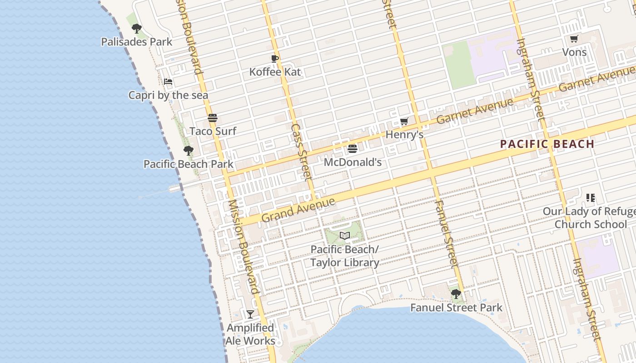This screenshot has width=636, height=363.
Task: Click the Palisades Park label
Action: (136, 42)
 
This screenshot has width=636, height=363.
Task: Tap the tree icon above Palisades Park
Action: (136, 29)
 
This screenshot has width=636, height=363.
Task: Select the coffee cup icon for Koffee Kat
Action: (274, 59)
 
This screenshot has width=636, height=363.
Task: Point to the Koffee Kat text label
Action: (275, 72)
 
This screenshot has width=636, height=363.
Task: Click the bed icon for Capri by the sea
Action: (168, 82)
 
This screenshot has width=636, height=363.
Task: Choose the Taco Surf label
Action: (213, 131)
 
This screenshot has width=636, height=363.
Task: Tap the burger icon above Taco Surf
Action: (213, 118)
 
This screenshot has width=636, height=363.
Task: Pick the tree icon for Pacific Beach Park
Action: (188, 151)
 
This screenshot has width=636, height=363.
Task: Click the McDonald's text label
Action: (353, 162)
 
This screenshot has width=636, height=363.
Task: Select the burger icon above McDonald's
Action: (352, 149)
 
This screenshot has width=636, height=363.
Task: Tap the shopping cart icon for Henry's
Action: (404, 122)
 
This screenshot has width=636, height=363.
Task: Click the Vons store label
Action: (574, 52)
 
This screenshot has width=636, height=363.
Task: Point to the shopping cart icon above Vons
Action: (574, 39)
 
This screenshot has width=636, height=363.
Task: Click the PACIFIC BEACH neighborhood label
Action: (547, 144)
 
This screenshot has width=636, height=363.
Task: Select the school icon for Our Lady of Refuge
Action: (590, 198)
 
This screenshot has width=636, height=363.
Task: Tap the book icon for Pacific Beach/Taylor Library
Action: (345, 235)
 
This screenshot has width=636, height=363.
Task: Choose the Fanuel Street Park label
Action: (456, 308)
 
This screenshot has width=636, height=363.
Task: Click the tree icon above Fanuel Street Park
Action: (456, 294)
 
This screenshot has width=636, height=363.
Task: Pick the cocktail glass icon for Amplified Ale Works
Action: (250, 314)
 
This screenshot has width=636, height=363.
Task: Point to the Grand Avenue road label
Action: (298, 209)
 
